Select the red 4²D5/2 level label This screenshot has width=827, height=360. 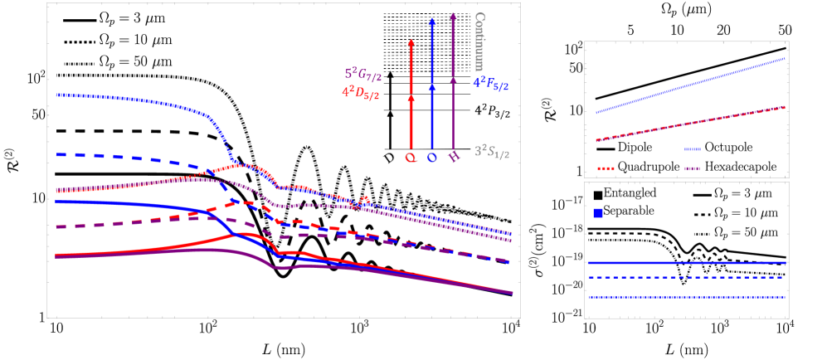point(361,93)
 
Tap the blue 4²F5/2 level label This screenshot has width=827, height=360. point(491,83)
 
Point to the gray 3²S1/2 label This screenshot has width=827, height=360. point(492,151)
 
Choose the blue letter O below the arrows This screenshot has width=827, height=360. point(431,157)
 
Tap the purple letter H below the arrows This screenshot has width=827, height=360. point(453,157)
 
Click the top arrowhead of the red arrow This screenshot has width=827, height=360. point(411,42)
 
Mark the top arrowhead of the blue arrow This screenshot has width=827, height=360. point(431,23)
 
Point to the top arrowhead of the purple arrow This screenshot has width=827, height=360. point(452,16)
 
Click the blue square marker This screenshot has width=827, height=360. point(598,213)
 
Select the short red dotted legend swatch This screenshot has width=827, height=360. point(606,168)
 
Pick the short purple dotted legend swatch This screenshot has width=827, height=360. point(693,168)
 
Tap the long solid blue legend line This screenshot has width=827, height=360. point(685,263)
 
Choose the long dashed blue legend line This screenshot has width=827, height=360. point(685,277)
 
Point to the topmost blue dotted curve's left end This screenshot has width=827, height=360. point(58,95)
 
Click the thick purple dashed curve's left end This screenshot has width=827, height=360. point(58,226)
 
